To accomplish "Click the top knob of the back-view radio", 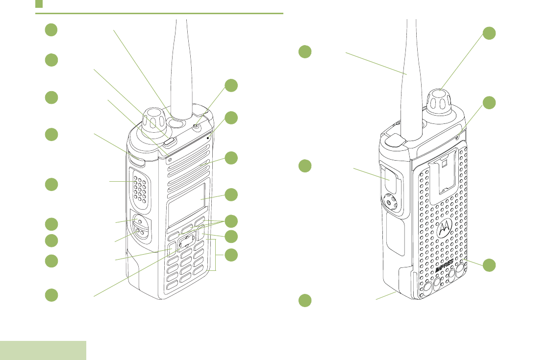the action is [439, 102].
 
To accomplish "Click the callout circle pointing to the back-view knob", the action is [489, 33].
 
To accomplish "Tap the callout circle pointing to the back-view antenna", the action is [305, 51].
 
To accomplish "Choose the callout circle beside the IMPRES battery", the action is [489, 265].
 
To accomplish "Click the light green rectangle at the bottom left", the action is [43, 350].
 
